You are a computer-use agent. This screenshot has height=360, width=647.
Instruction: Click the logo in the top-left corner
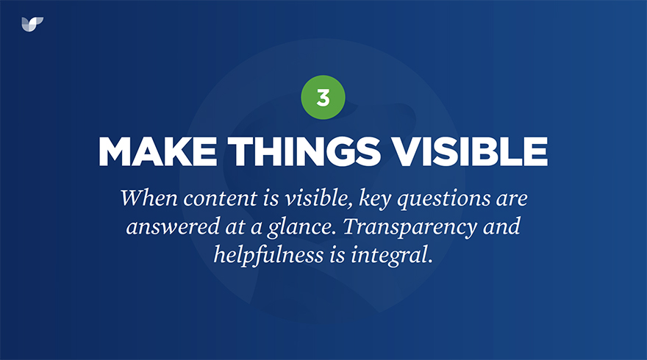coord(32,24)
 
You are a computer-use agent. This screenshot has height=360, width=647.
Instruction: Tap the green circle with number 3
coord(323,97)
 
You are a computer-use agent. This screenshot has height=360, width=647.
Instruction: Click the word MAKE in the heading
coord(157,151)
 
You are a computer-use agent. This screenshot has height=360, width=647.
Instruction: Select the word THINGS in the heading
coord(304,151)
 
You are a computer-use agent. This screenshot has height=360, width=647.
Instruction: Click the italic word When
coord(149,198)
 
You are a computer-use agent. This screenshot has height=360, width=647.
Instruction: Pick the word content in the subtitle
coord(221,199)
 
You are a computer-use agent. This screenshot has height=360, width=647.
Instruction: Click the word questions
coord(444,200)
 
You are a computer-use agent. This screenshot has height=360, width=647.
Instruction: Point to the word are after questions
coord(512,200)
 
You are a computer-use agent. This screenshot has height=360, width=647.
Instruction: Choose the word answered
coord(173,227)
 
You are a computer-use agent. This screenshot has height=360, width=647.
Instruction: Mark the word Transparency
coord(410,228)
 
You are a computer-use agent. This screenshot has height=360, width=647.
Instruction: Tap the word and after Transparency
coord(501,226)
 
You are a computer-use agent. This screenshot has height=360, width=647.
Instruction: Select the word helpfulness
coord(268,254)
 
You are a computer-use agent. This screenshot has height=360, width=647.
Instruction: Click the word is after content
coord(271,199)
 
